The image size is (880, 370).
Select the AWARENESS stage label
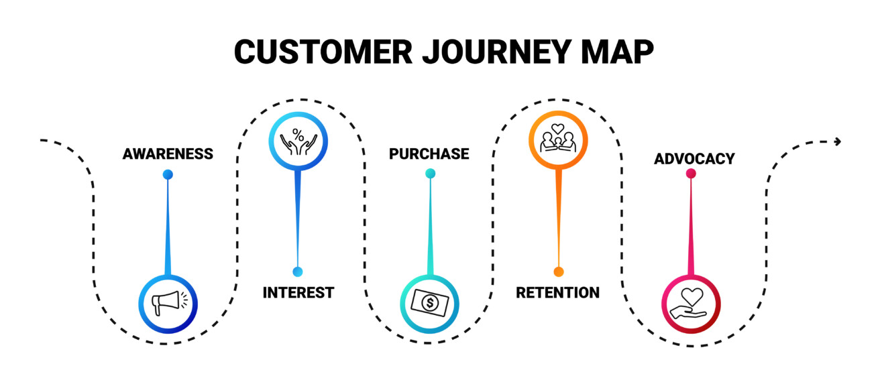click(x=168, y=154)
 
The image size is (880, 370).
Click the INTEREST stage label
click(x=298, y=293)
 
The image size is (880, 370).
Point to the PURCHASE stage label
click(x=429, y=154)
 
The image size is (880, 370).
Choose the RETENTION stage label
click(x=557, y=293)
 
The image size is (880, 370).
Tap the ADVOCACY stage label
click(x=694, y=160)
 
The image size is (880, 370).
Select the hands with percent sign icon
click(x=298, y=139)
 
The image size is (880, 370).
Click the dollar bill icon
click(x=429, y=304)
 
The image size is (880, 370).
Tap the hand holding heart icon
click(x=691, y=304)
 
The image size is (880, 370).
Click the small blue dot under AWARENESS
click(x=168, y=174)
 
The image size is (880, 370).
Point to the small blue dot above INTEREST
click(x=298, y=271)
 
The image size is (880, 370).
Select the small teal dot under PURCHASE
click(x=430, y=174)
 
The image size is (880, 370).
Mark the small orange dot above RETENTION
click(x=558, y=271)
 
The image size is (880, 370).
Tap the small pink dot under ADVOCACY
click(x=691, y=174)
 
